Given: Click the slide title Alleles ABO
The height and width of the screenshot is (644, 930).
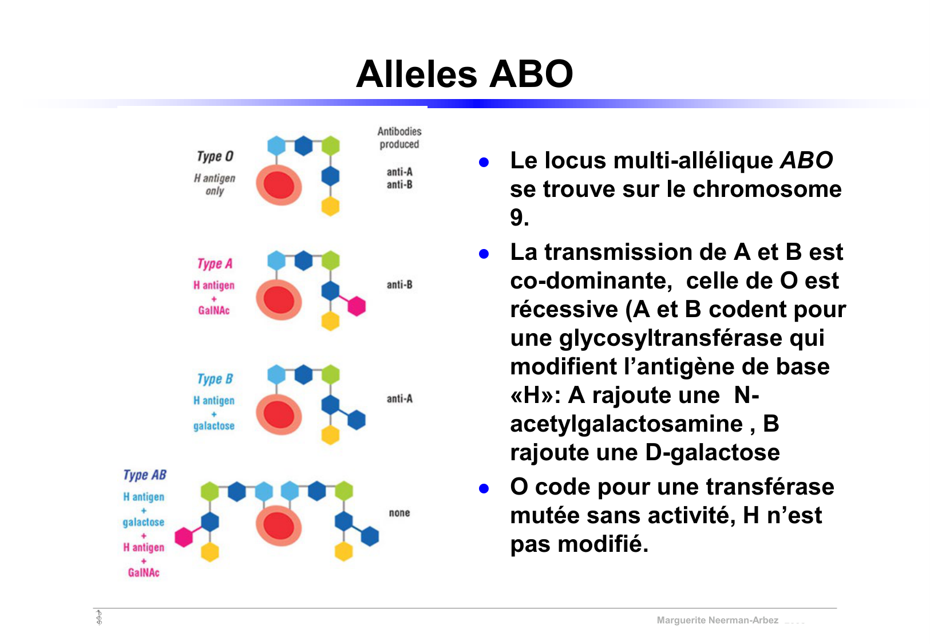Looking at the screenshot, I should pos(464,74).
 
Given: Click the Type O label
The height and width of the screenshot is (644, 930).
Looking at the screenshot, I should pos(215,156).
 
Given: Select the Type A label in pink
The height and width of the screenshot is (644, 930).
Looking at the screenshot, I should pos(215,263).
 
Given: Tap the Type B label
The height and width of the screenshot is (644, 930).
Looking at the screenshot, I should pos(215,379).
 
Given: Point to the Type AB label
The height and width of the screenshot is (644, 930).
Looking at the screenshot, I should pos(145,475).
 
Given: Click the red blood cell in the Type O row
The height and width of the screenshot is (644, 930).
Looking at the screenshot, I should pos(279,185).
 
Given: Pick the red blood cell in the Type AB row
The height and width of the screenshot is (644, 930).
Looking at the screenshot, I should pos(279,527).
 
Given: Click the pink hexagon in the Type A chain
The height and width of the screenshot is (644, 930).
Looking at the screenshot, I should pos(357,306).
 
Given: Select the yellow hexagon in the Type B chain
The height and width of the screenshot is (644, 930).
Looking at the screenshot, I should pos(330,435).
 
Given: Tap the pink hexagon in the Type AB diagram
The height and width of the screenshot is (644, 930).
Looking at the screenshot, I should pos(184,537).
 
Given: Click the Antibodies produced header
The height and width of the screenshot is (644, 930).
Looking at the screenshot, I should pos(399,138).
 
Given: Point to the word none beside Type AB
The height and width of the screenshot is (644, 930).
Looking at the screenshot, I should pos(399,513).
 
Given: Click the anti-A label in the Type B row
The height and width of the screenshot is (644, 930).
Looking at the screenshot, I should pos(399,398).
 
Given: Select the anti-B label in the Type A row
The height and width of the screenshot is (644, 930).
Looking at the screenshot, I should pos(399,285).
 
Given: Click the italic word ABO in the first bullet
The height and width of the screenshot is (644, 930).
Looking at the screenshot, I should pos(806,161).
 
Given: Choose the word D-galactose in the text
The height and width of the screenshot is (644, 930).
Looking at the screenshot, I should pos(712,453).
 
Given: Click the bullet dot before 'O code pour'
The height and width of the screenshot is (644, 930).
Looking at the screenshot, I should pos(484,488).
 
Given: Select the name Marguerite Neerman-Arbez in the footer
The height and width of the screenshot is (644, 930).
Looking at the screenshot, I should pos(717,620).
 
